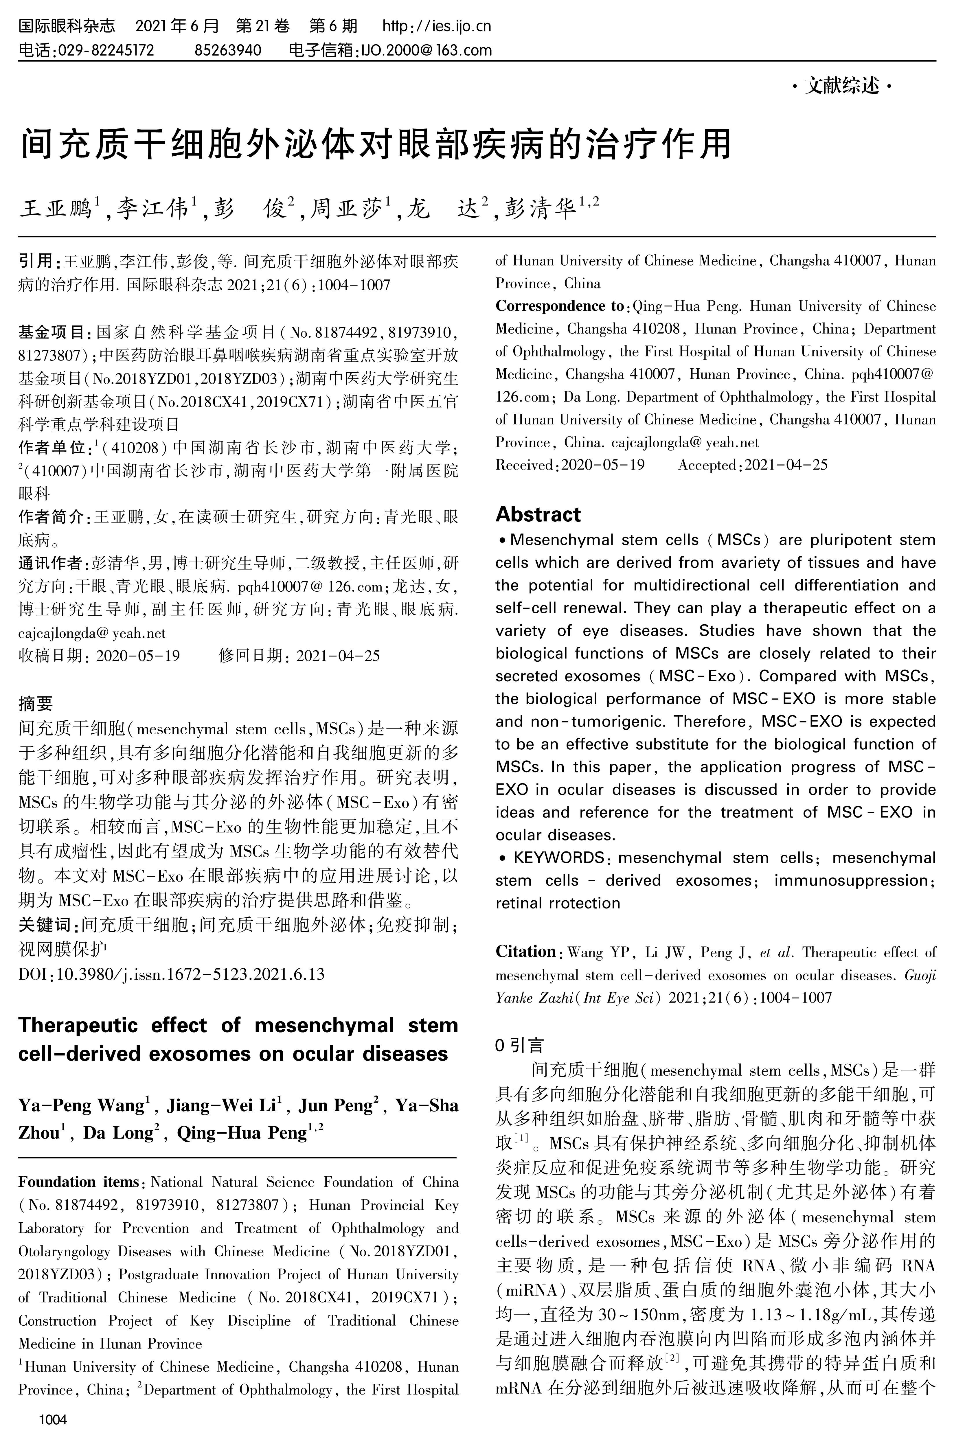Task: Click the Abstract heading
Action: (538, 515)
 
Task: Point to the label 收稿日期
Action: (52, 656)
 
